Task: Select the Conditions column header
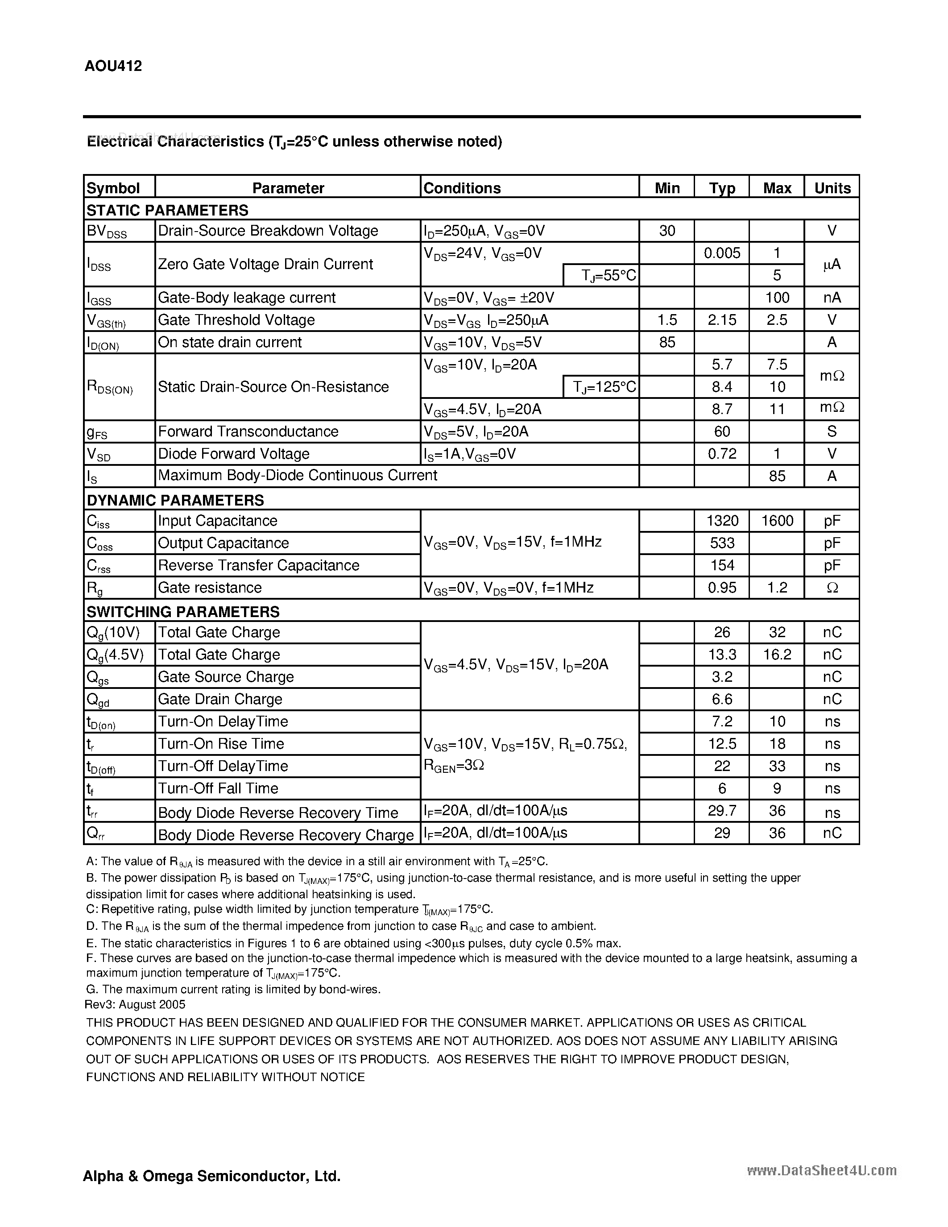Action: click(x=462, y=188)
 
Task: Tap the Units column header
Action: click(x=832, y=188)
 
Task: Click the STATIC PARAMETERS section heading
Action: click(x=167, y=210)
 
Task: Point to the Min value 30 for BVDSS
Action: click(x=666, y=231)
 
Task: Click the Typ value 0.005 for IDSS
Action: click(x=722, y=253)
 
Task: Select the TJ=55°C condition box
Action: click(x=601, y=275)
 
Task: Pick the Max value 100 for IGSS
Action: click(x=777, y=298)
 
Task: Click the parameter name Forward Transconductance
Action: click(x=248, y=431)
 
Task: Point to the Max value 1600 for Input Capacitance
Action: click(x=777, y=521)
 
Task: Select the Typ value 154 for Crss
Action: click(x=722, y=565)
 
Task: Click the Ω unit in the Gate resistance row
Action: click(x=832, y=588)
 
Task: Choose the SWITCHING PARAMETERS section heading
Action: click(x=182, y=611)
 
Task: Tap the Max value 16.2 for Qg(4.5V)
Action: click(x=777, y=655)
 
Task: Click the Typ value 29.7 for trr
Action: click(x=722, y=811)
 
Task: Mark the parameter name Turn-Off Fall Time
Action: click(x=218, y=788)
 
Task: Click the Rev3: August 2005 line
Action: click(x=135, y=1004)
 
